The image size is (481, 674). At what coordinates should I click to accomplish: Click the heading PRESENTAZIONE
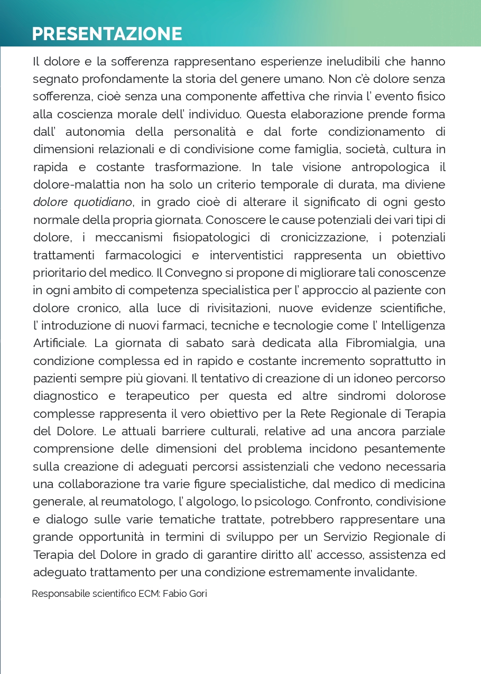[x=107, y=34]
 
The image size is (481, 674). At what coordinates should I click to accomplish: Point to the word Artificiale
[x=59, y=343]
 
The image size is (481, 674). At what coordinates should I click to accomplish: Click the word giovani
[x=168, y=379]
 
